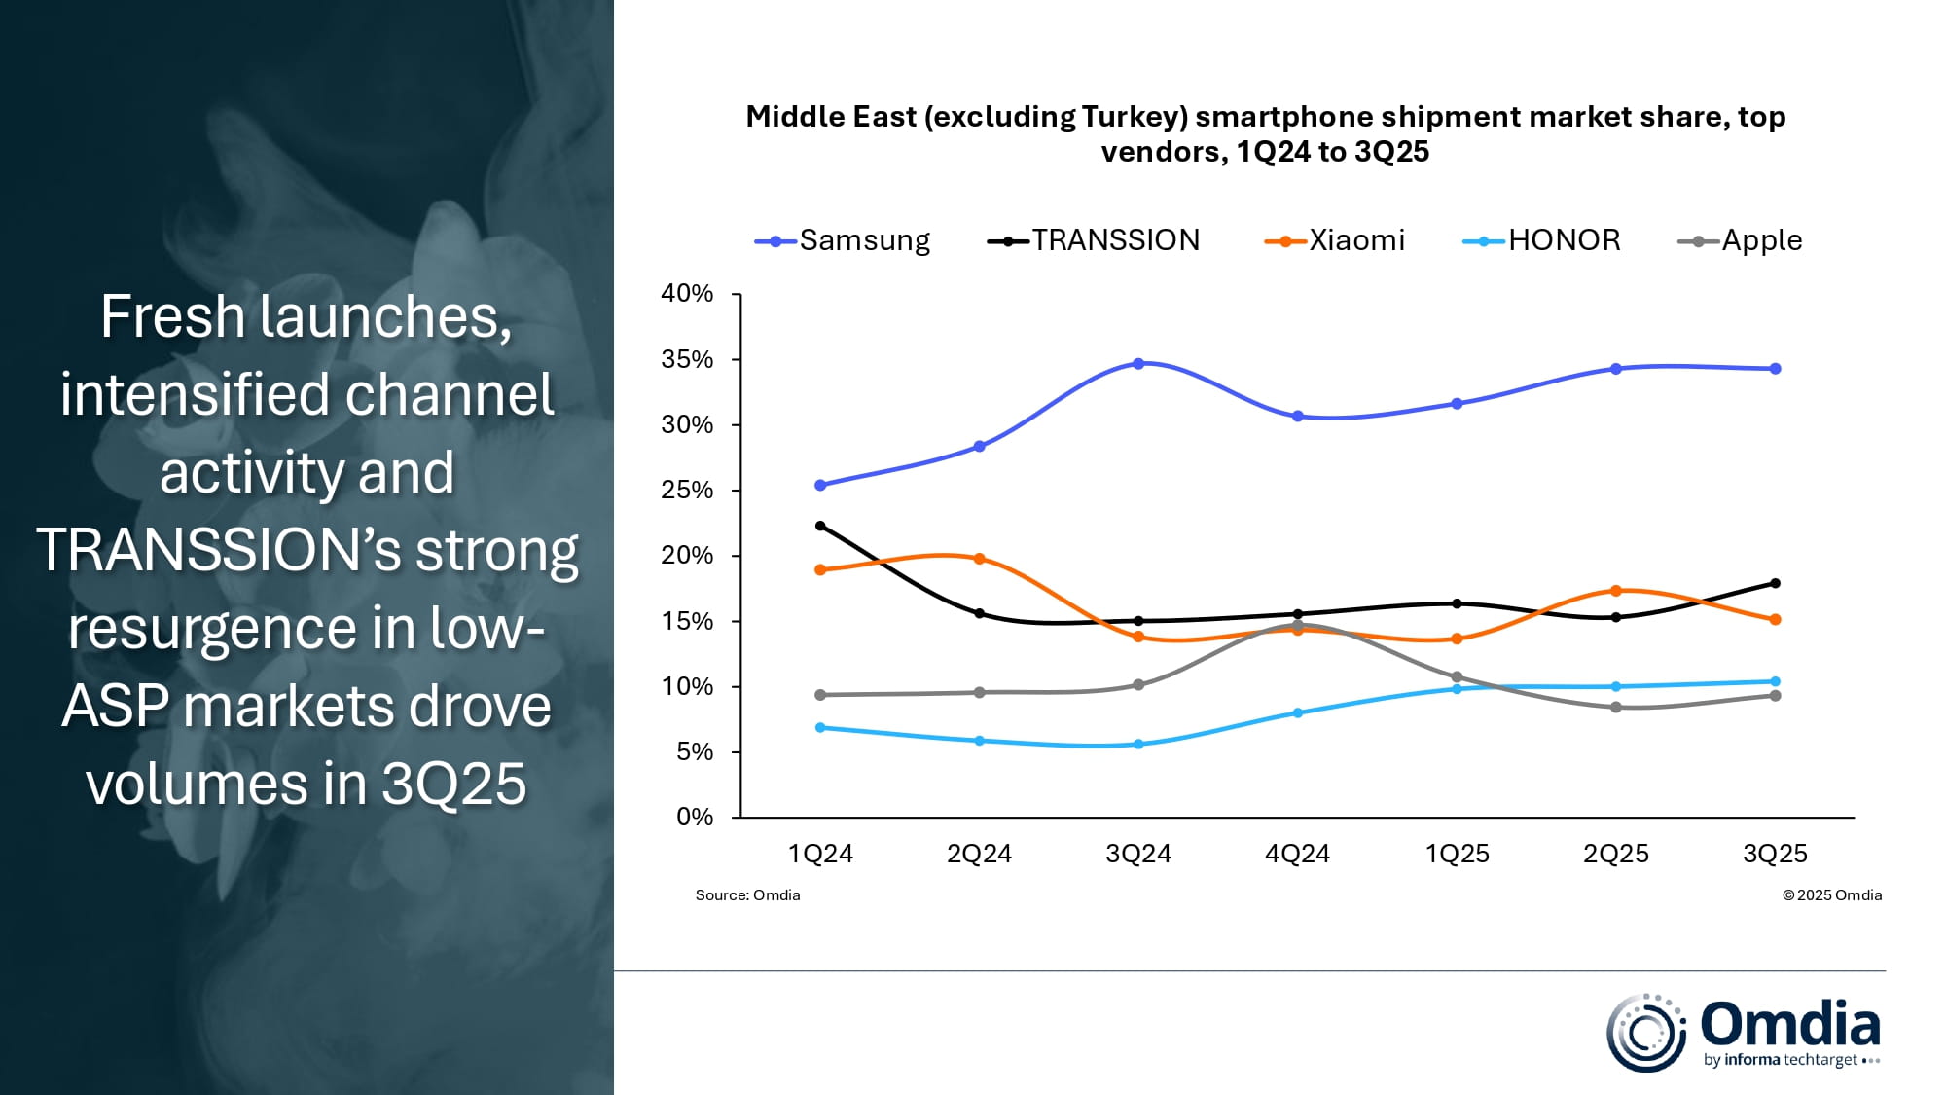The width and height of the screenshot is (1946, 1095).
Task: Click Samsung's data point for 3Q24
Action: click(x=1138, y=364)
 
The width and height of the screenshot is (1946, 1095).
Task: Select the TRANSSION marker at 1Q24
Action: click(x=820, y=526)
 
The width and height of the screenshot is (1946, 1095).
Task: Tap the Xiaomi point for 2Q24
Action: click(x=980, y=559)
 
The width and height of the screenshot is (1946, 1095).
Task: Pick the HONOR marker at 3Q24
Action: click(x=1138, y=744)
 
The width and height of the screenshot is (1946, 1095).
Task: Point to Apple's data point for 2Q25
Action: click(x=1616, y=708)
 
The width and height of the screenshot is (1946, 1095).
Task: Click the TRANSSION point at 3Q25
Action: click(x=1775, y=584)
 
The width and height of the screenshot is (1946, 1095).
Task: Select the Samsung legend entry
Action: click(x=843, y=240)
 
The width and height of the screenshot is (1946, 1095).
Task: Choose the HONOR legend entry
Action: click(x=1542, y=240)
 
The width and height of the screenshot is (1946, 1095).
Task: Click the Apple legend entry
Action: click(x=1741, y=240)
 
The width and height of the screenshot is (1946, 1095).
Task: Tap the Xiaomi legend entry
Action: click(x=1335, y=240)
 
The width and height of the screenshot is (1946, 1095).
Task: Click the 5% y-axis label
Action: click(x=695, y=751)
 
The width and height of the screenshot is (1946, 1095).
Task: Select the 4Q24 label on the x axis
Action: click(x=1297, y=854)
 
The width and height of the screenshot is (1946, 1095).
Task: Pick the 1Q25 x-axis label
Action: click(x=1457, y=854)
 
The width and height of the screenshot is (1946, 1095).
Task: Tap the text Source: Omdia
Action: click(x=747, y=894)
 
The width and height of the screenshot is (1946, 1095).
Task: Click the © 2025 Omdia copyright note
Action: click(x=1831, y=894)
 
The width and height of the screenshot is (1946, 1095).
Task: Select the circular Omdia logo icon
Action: click(x=1645, y=1033)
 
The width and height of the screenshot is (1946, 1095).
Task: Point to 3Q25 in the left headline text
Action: click(x=453, y=784)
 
